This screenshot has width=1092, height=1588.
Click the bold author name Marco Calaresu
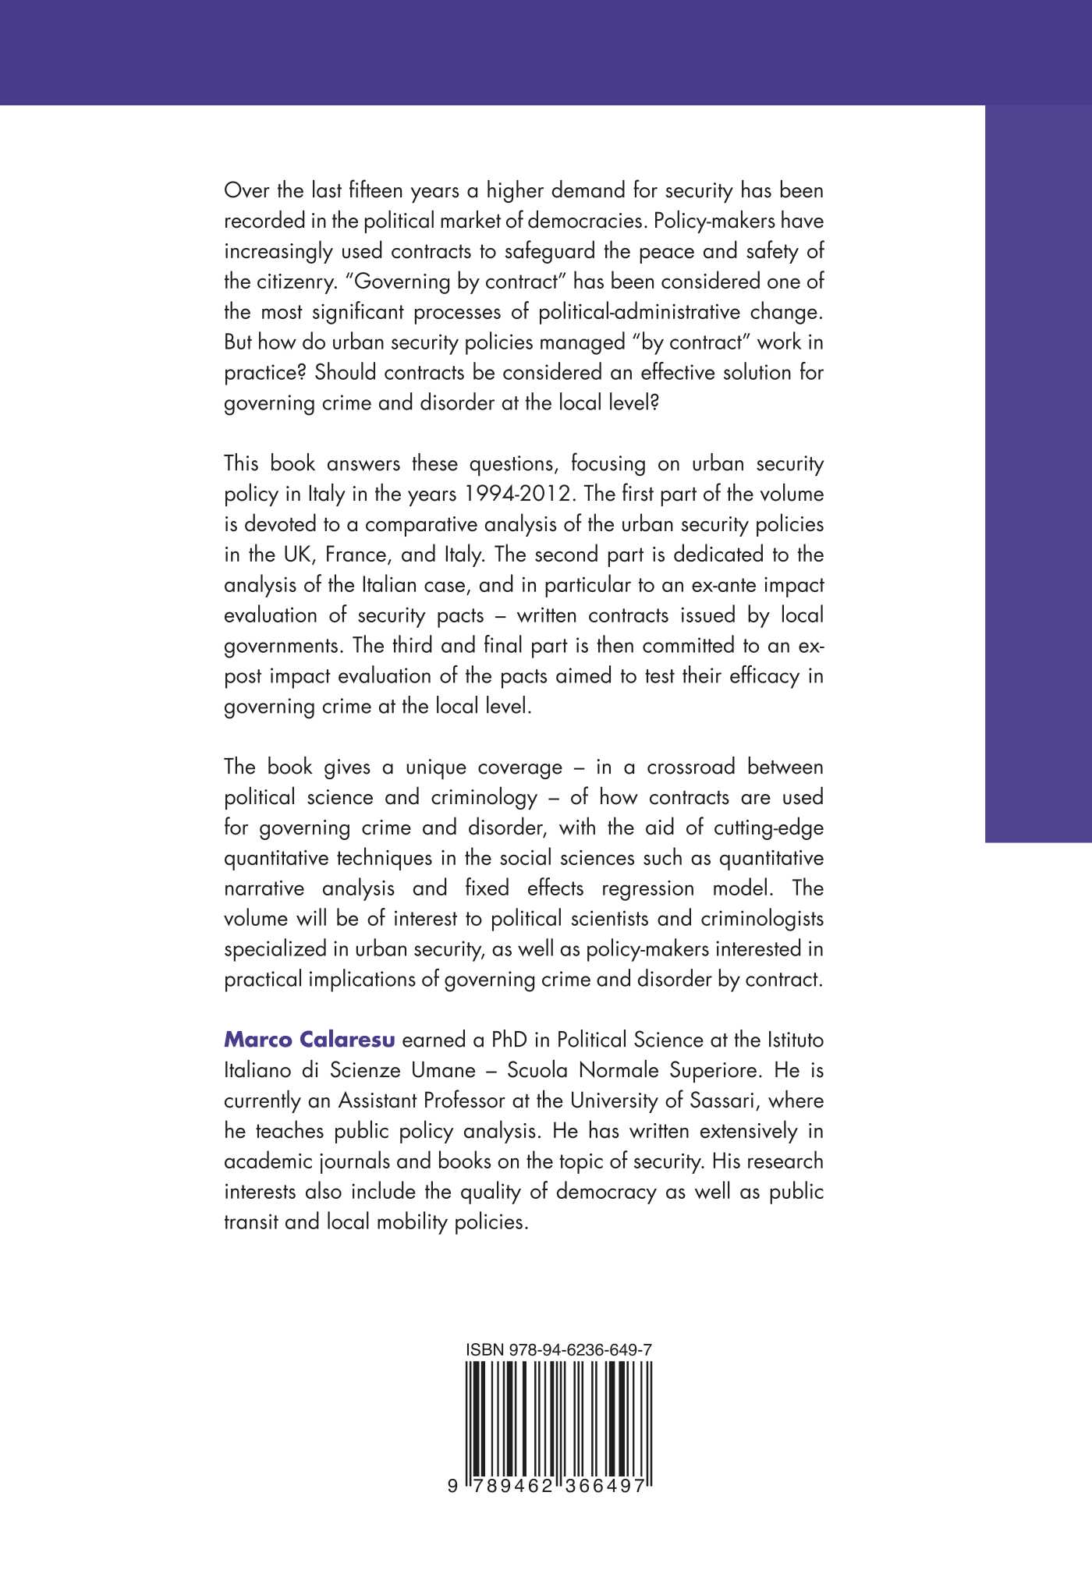tap(310, 1040)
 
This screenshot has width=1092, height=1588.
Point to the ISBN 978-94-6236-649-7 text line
tap(558, 1350)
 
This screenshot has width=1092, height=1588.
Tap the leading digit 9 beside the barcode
tap(452, 1487)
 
